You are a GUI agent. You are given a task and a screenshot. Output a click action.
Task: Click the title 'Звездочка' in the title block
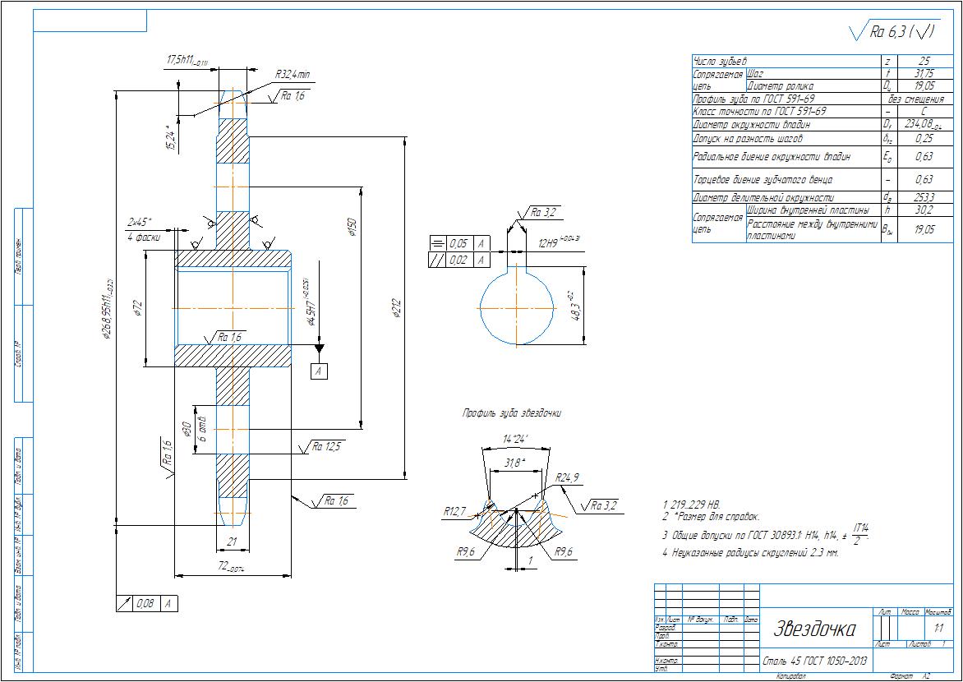813,629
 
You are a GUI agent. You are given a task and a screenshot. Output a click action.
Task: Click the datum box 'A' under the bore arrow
319,371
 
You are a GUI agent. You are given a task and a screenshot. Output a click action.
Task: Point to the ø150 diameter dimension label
352,227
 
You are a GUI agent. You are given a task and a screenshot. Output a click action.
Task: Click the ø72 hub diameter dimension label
139,308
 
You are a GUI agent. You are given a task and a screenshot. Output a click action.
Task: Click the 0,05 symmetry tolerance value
458,244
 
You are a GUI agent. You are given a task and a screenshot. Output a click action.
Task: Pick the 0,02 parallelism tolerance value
458,260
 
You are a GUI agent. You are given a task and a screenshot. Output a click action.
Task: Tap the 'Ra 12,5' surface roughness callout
325,447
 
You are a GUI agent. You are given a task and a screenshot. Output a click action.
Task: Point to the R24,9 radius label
567,477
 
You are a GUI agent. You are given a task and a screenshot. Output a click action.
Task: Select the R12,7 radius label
454,511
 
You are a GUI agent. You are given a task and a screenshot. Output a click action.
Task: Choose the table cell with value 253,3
924,198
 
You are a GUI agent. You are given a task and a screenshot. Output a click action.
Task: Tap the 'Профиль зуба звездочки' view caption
512,413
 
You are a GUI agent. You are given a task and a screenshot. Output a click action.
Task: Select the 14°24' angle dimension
515,439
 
